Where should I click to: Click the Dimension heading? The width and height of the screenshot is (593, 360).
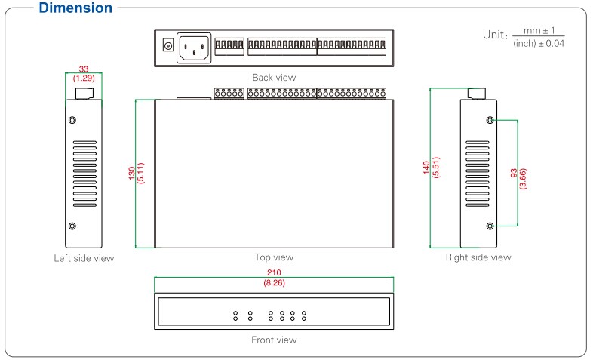[76, 9]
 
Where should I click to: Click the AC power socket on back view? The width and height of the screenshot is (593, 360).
[194, 48]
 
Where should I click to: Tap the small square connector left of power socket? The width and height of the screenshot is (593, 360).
[167, 48]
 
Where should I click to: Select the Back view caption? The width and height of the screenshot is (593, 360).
[274, 77]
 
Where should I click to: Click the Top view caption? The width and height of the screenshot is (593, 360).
[274, 257]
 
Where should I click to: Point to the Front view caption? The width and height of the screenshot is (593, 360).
[274, 340]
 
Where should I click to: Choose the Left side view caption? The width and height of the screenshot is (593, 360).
[84, 258]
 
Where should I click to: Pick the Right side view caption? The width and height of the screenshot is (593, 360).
[478, 257]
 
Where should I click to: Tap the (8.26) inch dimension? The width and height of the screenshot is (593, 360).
[274, 282]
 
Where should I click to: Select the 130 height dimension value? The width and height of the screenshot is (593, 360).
[133, 174]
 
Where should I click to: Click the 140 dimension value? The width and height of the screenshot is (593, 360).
[427, 168]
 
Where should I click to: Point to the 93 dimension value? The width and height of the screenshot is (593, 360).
[514, 174]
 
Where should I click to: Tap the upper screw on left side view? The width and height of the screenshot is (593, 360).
[73, 121]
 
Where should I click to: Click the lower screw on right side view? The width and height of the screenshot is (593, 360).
[490, 226]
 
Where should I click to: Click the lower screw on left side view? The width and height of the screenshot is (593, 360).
[73, 226]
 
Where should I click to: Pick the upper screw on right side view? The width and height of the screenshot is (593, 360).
[490, 121]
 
